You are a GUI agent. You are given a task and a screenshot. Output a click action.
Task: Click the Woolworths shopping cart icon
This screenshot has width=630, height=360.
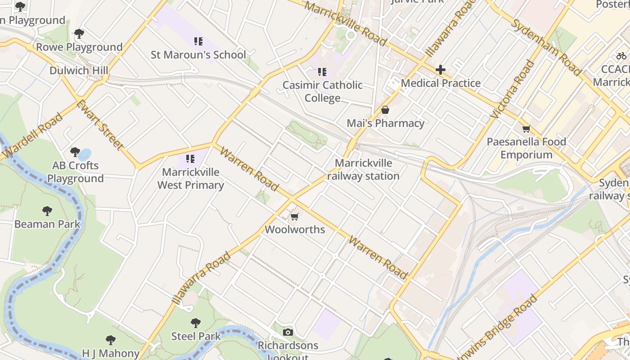pos(295,217)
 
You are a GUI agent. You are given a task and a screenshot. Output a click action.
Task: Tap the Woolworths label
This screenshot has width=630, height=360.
pos(295,229)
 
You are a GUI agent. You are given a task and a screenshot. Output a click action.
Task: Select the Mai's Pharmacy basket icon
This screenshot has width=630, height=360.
pos(385,110)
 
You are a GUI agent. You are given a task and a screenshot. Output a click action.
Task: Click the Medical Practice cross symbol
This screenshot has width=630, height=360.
pos(441,70)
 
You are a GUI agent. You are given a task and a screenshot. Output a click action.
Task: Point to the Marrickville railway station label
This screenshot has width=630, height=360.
pos(364,170)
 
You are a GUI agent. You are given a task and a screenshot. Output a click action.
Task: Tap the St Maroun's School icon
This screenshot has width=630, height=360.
pos(198,41)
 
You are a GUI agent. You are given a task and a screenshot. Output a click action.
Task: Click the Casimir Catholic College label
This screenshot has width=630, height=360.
pos(323,91)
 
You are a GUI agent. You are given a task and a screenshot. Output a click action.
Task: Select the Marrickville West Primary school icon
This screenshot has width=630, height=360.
pos(190,158)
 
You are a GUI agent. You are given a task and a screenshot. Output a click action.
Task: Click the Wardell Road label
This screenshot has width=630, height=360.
pos(32,136)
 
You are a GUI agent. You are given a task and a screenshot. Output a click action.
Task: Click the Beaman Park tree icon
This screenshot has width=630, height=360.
pos(47,211)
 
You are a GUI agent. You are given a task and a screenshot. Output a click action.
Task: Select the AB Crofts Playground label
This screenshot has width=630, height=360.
pos(76,172)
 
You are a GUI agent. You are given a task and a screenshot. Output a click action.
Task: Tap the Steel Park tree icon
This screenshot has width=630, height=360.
pos(196,323)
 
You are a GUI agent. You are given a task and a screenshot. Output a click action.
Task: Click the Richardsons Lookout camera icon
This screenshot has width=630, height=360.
pos(288,333)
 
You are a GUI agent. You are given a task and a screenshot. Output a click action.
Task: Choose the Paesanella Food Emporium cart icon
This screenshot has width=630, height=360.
pos(526,129)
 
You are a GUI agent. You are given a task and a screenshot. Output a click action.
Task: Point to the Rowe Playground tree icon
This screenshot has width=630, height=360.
pos(79,34)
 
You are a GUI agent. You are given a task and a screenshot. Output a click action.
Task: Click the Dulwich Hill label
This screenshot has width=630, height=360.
pos(79,71)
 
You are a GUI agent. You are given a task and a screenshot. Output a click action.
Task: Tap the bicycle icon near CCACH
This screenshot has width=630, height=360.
pos(621,56)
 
